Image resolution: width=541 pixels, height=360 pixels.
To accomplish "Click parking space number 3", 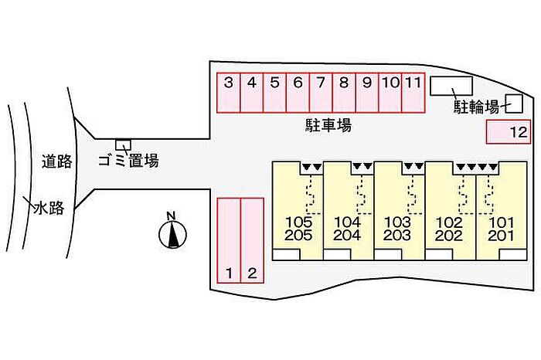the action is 229,93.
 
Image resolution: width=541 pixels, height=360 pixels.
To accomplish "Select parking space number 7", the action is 321,93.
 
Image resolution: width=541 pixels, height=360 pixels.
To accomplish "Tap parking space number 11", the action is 413,93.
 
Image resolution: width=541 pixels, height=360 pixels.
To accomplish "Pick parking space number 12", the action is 509,131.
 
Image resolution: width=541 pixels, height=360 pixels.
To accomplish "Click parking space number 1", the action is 229,240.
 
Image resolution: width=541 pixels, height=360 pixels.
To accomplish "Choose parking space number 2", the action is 252,240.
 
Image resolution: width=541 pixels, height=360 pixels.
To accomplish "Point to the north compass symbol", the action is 172,231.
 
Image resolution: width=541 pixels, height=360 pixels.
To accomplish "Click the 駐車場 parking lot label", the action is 328,125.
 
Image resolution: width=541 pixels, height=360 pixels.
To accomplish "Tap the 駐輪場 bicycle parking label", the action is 476,107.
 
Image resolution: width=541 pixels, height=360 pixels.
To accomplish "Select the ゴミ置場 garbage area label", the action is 128,161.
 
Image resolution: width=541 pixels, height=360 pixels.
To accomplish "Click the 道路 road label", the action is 57,161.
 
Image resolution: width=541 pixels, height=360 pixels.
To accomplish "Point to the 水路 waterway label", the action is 49,209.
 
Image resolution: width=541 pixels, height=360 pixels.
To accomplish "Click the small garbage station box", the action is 123,144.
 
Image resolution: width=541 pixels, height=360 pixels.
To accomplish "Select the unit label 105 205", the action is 298,229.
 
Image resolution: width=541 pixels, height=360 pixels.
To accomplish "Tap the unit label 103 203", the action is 397,229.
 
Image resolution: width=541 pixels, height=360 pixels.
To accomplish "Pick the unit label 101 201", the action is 501,229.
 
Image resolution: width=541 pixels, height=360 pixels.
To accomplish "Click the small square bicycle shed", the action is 514,104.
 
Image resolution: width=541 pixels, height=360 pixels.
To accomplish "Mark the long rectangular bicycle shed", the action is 451,86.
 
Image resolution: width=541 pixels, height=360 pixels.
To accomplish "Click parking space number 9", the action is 367,93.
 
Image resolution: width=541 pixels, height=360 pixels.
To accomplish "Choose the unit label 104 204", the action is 347,229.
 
